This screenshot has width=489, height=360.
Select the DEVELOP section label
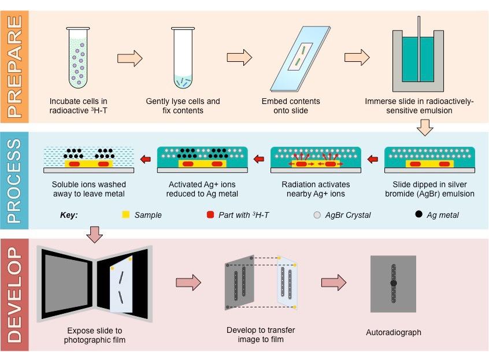14,295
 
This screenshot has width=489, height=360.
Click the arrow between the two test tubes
129,58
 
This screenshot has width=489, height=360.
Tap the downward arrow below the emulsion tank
425,127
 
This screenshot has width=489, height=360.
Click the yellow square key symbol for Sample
125,215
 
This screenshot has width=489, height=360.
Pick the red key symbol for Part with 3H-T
210,215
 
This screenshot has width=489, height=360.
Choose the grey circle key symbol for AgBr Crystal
316,215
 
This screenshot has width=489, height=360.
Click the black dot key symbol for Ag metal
418,215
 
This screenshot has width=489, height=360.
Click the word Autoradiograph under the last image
394,332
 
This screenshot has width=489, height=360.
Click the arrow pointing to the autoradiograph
334,282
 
